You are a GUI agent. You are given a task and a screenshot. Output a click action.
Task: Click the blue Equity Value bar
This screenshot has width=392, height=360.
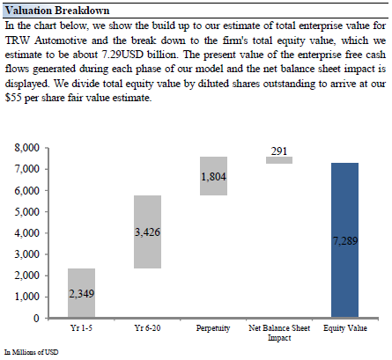(x=344, y=240)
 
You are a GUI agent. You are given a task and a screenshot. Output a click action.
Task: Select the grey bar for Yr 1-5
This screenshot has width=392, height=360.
(x=81, y=293)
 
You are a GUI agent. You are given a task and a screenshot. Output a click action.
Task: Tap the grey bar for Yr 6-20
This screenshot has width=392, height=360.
(x=147, y=231)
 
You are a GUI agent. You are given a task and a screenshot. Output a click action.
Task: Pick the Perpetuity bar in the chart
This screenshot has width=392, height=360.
(x=213, y=176)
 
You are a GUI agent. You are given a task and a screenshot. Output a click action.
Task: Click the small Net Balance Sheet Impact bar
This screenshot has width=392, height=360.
(x=279, y=160)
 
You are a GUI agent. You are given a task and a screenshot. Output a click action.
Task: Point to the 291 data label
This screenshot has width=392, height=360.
(x=279, y=151)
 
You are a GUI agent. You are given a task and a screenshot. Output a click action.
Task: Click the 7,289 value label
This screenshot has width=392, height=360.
(x=345, y=241)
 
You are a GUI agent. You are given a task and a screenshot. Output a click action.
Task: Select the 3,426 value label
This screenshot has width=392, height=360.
(x=147, y=232)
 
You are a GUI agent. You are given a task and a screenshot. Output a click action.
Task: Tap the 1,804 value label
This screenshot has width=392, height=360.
(x=213, y=177)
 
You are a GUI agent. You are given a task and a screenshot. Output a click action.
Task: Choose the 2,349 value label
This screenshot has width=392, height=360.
(x=81, y=294)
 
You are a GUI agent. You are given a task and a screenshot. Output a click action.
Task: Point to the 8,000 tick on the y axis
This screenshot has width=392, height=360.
(x=27, y=148)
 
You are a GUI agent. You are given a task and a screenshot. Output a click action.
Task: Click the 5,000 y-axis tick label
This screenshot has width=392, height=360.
(x=27, y=212)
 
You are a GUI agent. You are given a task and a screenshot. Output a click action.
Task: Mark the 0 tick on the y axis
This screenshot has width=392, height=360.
(x=36, y=318)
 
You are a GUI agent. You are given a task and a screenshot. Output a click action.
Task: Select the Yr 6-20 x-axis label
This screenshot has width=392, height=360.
(x=147, y=327)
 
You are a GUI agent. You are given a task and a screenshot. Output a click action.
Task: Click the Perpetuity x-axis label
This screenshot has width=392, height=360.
(x=213, y=328)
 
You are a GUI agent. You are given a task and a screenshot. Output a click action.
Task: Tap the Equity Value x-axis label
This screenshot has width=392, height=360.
(x=345, y=328)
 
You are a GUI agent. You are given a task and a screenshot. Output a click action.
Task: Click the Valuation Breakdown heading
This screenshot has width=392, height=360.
(x=57, y=11)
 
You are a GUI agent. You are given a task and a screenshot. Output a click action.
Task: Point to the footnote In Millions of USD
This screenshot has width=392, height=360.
(x=32, y=352)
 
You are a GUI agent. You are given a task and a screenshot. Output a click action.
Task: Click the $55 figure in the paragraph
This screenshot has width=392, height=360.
(x=13, y=98)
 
